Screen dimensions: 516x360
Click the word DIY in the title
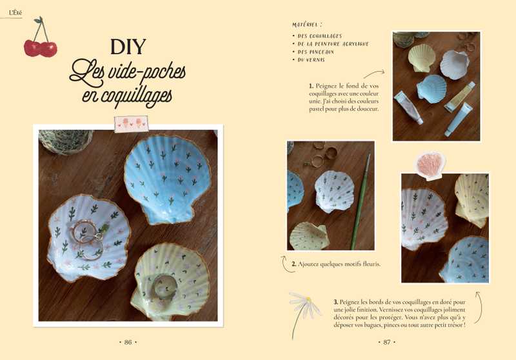(128, 46)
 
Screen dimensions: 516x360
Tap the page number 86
(128, 342)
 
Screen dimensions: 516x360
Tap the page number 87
(387, 342)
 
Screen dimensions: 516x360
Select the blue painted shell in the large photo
(163, 179)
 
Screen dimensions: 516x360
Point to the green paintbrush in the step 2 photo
(360, 201)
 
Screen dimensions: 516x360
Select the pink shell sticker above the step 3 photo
(430, 166)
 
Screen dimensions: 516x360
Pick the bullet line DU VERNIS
(311, 60)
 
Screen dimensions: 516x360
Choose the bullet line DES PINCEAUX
(315, 52)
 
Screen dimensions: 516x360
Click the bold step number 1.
(311, 86)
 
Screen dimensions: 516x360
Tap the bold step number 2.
(294, 264)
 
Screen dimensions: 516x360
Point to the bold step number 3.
(335, 302)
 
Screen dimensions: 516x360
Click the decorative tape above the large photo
(132, 124)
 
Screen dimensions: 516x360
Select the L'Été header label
(15, 13)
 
